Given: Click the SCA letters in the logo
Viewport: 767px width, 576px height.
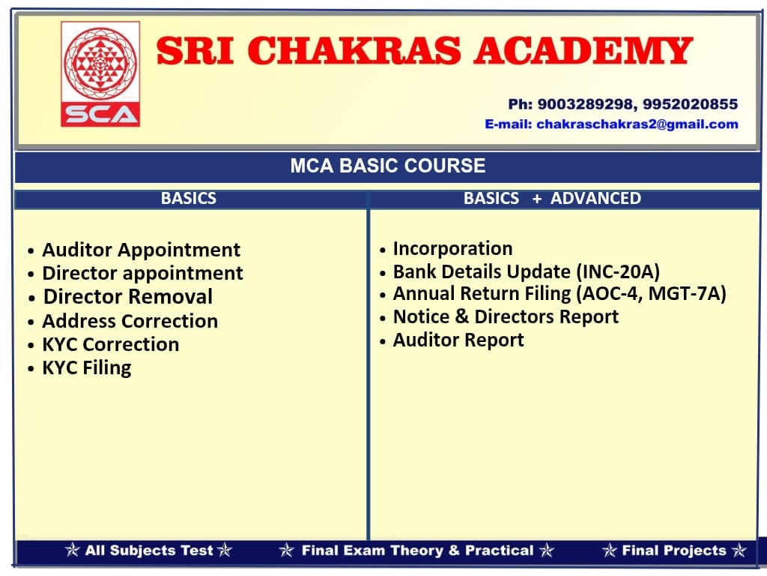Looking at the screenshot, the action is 100,115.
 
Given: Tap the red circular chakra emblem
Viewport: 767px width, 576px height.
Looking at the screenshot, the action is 100,63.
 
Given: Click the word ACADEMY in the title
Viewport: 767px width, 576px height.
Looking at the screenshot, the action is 583,51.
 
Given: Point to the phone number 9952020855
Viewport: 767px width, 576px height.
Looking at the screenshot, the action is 690,104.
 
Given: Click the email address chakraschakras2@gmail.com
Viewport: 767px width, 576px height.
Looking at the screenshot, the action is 637,124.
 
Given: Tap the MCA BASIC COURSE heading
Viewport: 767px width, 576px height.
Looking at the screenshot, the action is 388,166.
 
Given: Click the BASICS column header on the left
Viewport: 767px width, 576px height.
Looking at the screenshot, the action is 189,198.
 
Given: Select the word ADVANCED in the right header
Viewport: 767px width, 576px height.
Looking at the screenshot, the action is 595,198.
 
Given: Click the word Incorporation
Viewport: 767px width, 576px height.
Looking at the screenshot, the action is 453,249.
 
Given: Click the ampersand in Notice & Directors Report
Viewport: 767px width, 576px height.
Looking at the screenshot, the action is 461,316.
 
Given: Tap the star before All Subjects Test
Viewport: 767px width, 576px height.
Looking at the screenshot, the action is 73,550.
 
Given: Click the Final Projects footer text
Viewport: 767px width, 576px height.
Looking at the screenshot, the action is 674,550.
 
